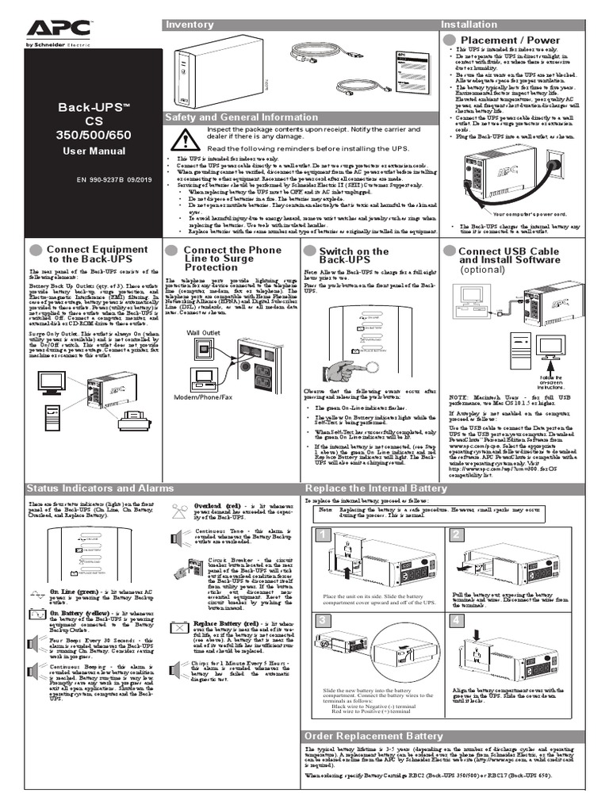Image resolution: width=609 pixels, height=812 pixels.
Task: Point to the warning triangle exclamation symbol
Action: (x=187, y=141)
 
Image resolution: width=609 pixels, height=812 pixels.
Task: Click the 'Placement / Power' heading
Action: (x=510, y=40)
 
